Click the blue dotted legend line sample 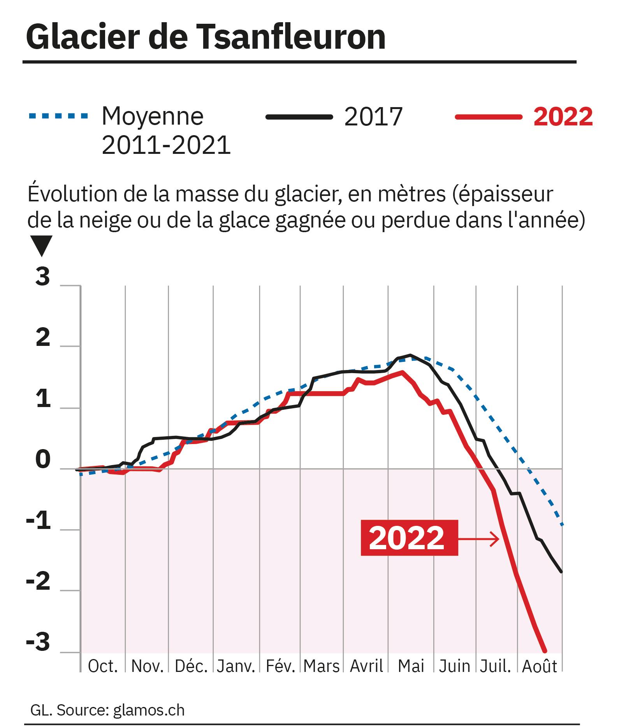(58, 116)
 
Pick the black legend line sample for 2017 (299, 116)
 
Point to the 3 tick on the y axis (43, 277)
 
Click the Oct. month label (103, 666)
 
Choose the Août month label (540, 666)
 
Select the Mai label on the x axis (411, 666)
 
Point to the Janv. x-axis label (236, 666)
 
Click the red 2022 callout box (409, 538)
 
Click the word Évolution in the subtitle (72, 194)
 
